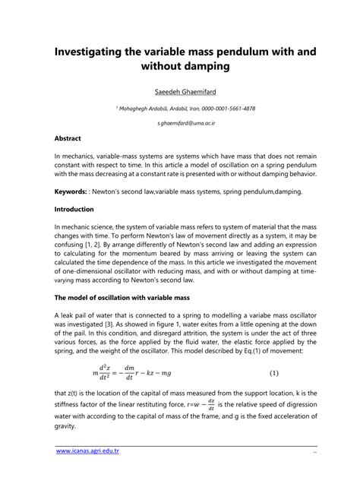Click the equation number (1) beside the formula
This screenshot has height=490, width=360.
(x=274, y=373)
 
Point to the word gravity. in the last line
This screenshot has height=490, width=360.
(x=67, y=426)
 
